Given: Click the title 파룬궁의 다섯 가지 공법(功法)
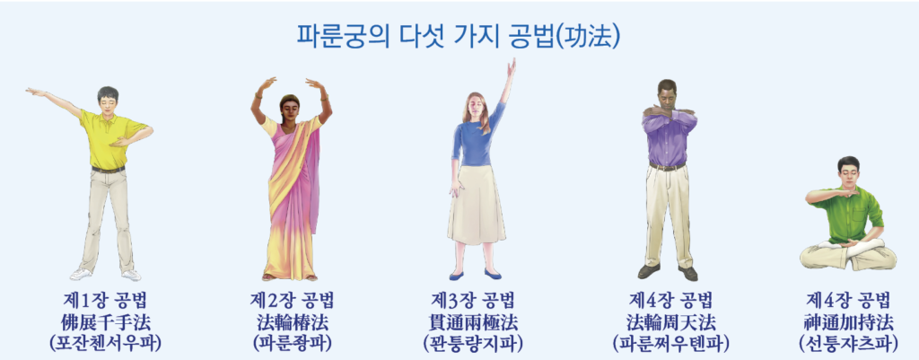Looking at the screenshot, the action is click(x=459, y=36).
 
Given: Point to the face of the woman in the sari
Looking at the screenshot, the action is click(x=291, y=109).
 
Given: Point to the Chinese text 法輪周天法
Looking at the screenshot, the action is click(x=670, y=322).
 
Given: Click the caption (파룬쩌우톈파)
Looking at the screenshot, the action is click(x=670, y=342).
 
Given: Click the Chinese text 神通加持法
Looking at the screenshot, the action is click(x=847, y=322).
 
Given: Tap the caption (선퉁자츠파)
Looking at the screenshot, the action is click(x=847, y=342).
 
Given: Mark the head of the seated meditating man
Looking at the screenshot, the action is click(x=848, y=171).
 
